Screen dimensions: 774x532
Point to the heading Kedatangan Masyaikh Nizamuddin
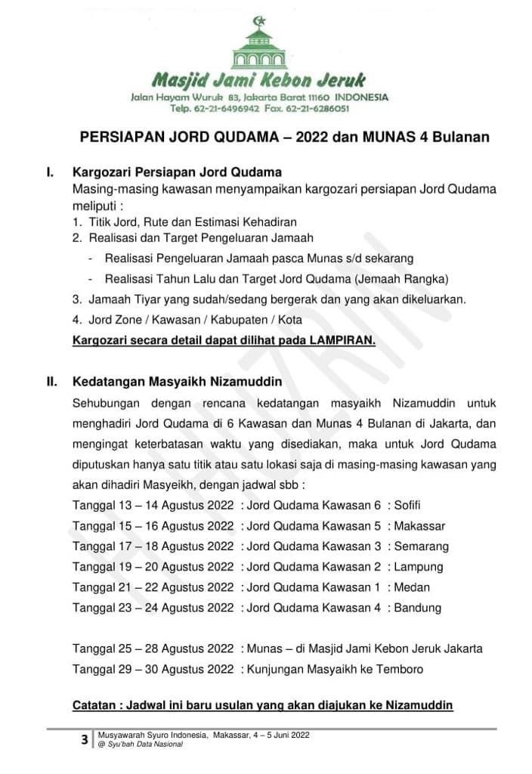point(177,382)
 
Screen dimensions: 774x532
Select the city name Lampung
point(419,566)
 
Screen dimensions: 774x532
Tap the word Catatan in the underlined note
point(95,706)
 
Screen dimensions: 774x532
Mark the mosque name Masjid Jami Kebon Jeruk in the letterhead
point(259,80)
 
